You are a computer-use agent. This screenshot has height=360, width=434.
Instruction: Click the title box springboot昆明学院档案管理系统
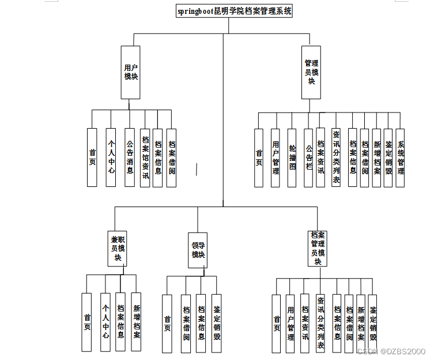point(234,11)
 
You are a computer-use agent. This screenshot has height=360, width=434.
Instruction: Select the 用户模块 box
point(130,72)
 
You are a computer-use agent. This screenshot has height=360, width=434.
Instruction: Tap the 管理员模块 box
point(311,72)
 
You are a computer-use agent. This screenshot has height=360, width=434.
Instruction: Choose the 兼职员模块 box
point(117,249)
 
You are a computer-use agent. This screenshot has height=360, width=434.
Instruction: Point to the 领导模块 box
point(198,250)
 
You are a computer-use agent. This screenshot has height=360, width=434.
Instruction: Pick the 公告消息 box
point(130,157)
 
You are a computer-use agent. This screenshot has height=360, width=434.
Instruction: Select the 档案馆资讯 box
point(145,157)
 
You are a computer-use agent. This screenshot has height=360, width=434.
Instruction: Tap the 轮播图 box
point(292,157)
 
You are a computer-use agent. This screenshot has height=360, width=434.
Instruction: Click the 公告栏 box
point(308,157)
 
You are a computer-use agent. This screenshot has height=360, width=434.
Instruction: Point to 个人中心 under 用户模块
point(111,157)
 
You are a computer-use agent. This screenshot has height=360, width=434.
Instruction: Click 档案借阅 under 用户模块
point(171,157)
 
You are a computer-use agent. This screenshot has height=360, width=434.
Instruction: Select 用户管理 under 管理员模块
point(276,157)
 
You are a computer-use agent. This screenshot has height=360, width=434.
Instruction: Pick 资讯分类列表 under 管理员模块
point(336,157)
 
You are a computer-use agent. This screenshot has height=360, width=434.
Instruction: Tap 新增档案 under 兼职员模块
point(136,322)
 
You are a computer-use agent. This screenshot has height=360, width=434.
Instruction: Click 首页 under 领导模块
point(167,324)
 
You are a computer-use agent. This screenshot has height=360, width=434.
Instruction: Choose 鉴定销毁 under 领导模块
point(216,324)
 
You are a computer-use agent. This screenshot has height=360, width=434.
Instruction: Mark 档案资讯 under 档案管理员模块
point(305,324)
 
